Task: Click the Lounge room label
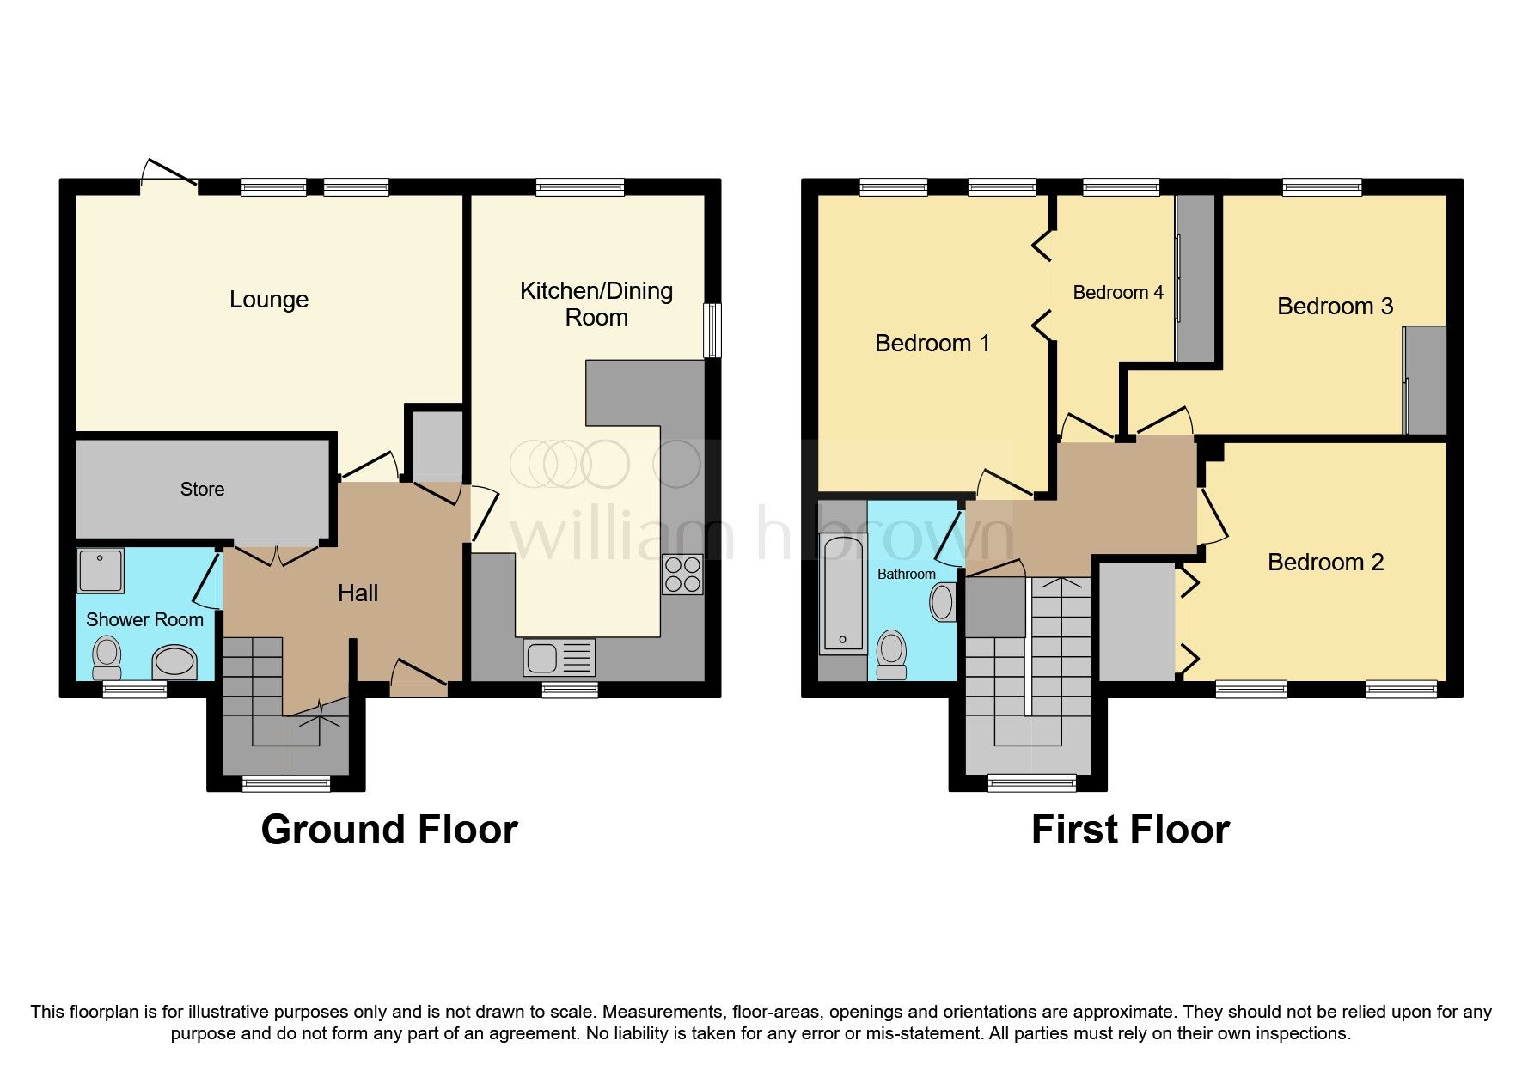point(269,300)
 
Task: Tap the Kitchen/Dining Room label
point(596,304)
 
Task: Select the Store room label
point(202,490)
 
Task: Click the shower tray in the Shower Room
point(101,570)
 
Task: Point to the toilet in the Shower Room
point(107,658)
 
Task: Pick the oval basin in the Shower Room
point(174,663)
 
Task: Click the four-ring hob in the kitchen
point(682,575)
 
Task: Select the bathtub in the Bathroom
point(842,593)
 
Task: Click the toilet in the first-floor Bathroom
point(891,654)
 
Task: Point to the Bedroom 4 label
point(1118,293)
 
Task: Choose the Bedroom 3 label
point(1335,307)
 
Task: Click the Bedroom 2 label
point(1325,563)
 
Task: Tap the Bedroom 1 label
point(932,344)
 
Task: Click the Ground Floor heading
point(389,830)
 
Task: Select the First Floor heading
point(1130,830)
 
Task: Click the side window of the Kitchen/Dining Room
point(712,330)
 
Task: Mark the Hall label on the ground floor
point(358,593)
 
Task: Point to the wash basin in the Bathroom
point(943,602)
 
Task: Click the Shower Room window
point(135,689)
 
